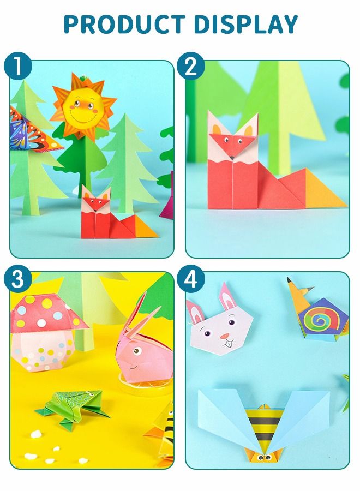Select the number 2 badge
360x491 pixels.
tap(194, 67)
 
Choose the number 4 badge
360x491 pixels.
tap(194, 279)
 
